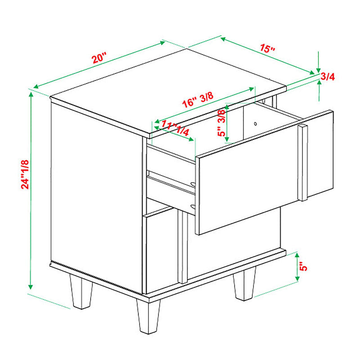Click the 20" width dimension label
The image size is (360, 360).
[x=99, y=58]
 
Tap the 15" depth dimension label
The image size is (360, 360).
[x=267, y=48]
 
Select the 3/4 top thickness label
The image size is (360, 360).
[x=328, y=76]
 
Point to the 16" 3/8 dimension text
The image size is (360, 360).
[x=198, y=100]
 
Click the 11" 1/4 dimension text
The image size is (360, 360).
[x=175, y=128]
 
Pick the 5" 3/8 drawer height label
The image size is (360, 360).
[x=221, y=123]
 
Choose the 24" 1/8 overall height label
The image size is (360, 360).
[x=25, y=174]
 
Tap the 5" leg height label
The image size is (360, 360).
[x=303, y=267]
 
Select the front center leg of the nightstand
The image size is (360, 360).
[x=148, y=316]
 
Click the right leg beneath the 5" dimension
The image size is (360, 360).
[x=244, y=284]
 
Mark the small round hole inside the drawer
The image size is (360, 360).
[x=255, y=124]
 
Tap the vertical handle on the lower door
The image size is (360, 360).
[x=183, y=247]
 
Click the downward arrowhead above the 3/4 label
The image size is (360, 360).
[x=318, y=70]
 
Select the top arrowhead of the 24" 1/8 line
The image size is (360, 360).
[x=31, y=94]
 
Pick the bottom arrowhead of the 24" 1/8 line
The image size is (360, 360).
[x=31, y=287]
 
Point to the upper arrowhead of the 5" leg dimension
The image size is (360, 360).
[x=297, y=255]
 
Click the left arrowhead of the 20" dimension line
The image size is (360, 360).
[x=36, y=86]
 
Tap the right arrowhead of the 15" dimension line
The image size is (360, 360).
[x=312, y=72]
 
